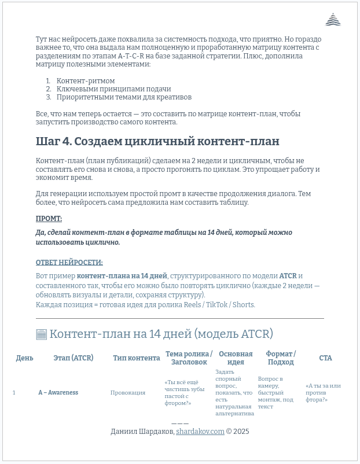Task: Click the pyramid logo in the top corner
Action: (x=333, y=20)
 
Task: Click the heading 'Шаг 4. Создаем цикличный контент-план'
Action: (x=157, y=141)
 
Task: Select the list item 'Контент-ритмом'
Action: (x=86, y=81)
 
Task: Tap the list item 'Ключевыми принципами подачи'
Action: (x=113, y=89)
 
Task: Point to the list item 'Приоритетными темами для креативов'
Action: (x=124, y=97)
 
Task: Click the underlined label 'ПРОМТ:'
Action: (x=49, y=219)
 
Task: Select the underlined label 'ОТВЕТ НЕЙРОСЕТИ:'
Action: (x=69, y=263)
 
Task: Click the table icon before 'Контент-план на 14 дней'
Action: (x=41, y=334)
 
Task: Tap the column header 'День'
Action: (x=24, y=358)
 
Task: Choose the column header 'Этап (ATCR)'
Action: (x=73, y=358)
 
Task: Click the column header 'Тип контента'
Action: (x=137, y=358)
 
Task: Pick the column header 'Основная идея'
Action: (x=236, y=358)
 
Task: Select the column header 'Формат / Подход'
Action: (x=281, y=358)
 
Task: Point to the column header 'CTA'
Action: (x=325, y=358)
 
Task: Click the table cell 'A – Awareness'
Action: (x=58, y=393)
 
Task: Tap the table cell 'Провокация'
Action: (x=128, y=393)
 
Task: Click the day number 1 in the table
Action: (x=14, y=393)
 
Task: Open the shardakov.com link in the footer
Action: (x=200, y=432)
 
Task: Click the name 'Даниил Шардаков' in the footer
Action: (x=142, y=432)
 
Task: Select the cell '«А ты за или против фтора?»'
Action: (x=323, y=393)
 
